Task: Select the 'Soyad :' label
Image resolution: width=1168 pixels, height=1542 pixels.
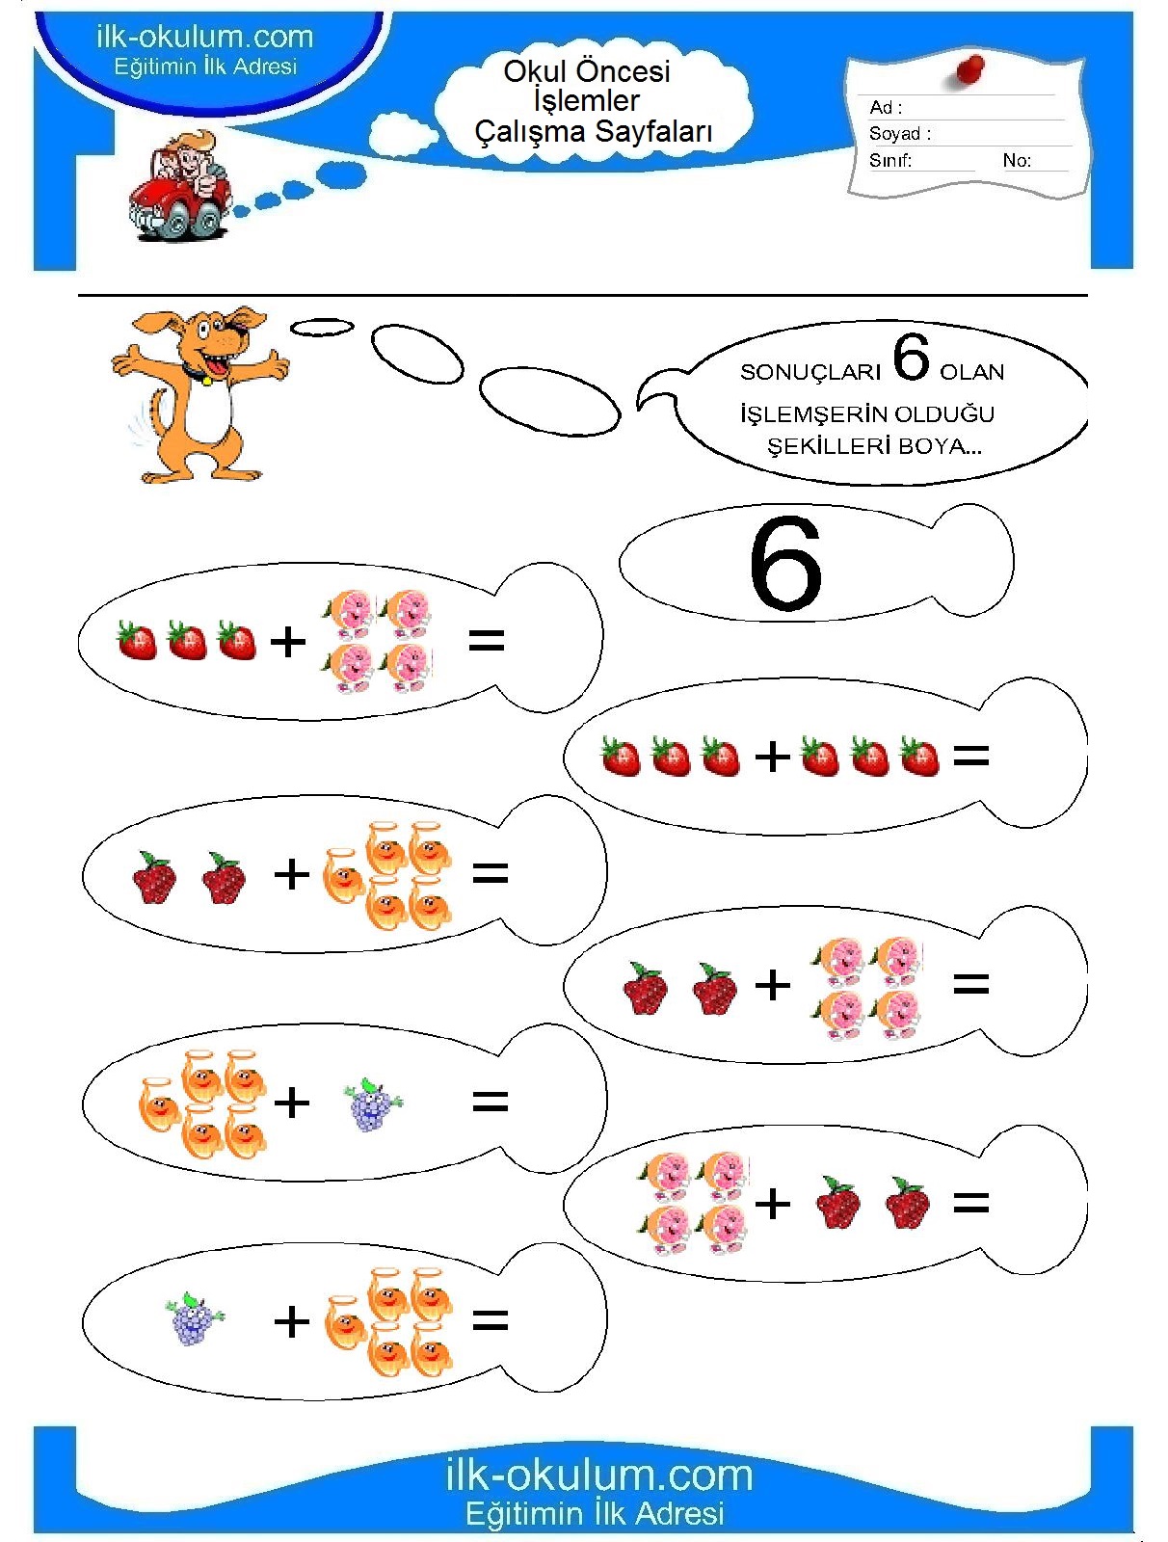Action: (x=900, y=133)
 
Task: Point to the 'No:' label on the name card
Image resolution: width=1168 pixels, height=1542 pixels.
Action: (x=1017, y=160)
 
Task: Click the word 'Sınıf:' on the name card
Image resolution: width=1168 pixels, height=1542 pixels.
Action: (x=889, y=160)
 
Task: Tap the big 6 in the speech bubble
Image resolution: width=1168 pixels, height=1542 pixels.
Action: (x=911, y=358)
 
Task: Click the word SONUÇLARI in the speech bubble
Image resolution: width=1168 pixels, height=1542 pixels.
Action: (x=810, y=372)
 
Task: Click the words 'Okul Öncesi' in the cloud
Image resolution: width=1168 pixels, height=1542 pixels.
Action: (x=587, y=71)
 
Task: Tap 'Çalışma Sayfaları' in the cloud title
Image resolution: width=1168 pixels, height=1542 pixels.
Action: (x=594, y=131)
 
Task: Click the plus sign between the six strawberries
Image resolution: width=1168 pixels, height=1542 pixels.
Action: (x=773, y=758)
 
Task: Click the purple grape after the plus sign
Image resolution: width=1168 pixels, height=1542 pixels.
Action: (x=373, y=1104)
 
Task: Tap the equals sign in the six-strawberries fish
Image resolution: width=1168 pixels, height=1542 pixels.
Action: (x=971, y=756)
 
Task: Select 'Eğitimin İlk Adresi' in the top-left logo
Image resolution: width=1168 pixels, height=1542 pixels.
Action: (x=205, y=66)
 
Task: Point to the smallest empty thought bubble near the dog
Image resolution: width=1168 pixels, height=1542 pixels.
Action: (x=322, y=327)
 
